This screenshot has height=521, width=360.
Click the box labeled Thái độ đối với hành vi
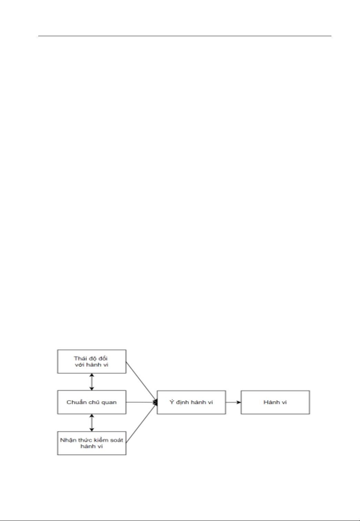(x=92, y=361)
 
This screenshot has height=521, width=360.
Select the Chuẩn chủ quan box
(x=92, y=402)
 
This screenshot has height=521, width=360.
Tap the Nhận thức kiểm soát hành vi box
(x=92, y=443)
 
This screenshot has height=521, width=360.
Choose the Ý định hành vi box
(x=191, y=402)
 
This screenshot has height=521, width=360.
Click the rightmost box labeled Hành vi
(x=275, y=402)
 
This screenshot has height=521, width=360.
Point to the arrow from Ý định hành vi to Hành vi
(x=234, y=402)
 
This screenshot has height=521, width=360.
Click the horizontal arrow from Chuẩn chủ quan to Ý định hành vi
(x=142, y=402)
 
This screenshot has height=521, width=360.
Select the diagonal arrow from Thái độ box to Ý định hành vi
(x=142, y=382)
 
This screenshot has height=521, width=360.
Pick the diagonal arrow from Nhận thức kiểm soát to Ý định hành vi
(x=142, y=423)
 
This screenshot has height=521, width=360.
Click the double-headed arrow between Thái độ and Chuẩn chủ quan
(x=92, y=382)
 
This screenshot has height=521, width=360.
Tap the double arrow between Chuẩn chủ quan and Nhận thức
(x=92, y=423)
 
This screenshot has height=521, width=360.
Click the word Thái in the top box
(x=79, y=358)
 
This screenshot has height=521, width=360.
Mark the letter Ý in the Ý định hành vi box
(x=172, y=402)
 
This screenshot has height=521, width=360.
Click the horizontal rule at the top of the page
(x=185, y=36)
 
